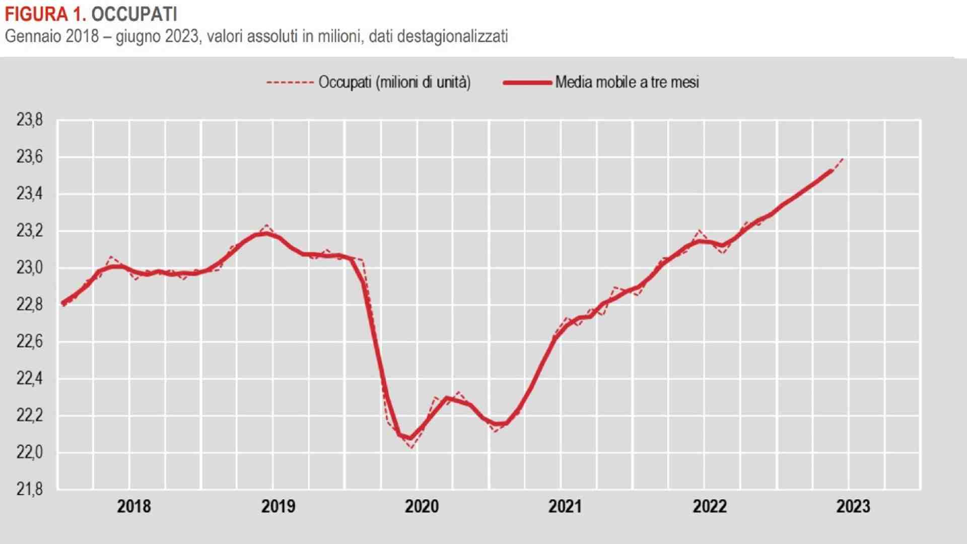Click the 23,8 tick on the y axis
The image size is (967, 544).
coord(29,120)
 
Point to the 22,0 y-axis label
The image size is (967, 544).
coord(29,452)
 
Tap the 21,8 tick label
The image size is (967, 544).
coord(29,489)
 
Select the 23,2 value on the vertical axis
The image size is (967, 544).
coord(29,231)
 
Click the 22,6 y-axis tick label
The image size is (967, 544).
coord(29,342)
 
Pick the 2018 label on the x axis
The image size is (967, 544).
coord(133,506)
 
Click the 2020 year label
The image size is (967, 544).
coord(422,506)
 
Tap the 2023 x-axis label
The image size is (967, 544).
coord(853,506)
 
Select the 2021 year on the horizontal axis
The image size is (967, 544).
coord(565,506)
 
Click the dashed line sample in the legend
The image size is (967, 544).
coord(290,83)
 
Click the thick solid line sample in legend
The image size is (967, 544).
coord(527,83)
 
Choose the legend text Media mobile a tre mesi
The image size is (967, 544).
coord(627,82)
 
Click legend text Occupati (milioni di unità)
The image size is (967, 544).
coord(394,82)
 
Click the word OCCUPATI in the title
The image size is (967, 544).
coord(134,14)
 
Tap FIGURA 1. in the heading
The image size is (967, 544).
coord(45,14)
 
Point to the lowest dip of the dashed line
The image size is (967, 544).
coord(412,447)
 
